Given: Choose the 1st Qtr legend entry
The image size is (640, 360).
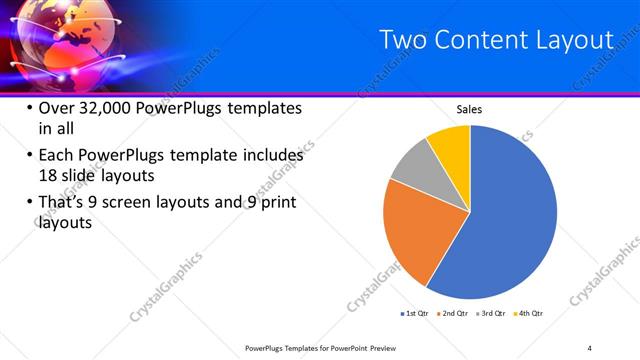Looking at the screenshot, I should click(413, 314).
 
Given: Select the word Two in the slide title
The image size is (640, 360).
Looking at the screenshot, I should click(404, 40).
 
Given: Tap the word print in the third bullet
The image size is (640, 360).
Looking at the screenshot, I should click(276, 203).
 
